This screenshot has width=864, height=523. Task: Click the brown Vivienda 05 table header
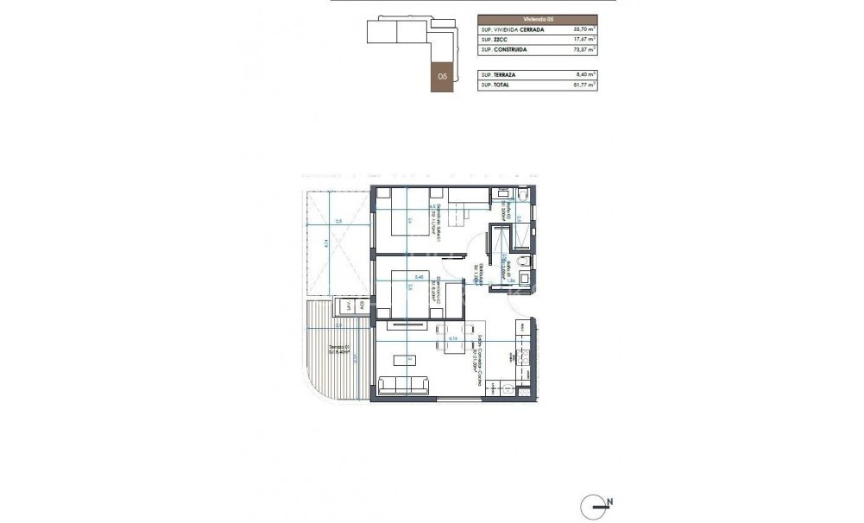click(x=537, y=17)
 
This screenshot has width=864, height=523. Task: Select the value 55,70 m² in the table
click(x=584, y=28)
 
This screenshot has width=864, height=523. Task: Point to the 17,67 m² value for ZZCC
click(x=584, y=39)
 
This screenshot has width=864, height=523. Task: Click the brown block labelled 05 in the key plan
click(x=442, y=76)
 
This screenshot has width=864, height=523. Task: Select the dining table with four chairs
click(x=451, y=338)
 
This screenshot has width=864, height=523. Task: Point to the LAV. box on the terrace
click(x=349, y=306)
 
